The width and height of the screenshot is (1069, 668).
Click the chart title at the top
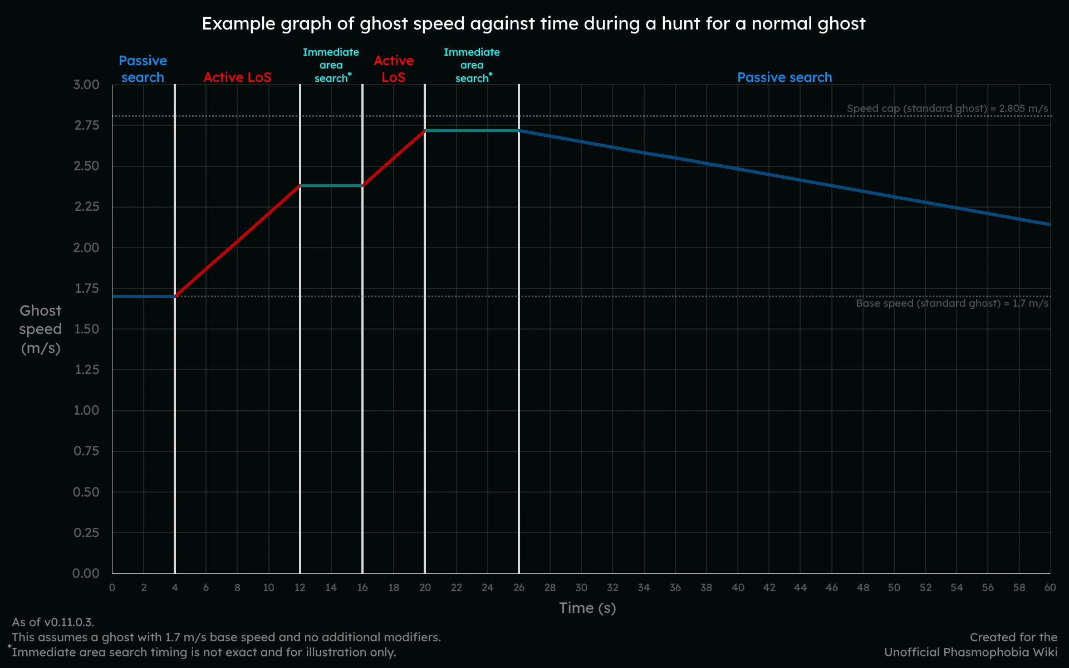pos(533,24)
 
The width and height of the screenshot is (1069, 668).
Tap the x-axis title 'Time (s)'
pos(587,608)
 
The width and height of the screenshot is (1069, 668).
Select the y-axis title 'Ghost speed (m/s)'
pos(40,329)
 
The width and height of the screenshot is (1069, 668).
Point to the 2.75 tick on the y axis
pos(87,125)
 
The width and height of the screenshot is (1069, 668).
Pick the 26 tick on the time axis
pos(519,588)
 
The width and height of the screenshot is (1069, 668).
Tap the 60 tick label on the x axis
pos(1050,588)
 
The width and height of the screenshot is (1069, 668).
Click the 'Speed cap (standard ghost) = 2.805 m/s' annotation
pos(947,109)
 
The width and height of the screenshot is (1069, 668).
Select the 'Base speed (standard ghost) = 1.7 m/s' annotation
pos(952,303)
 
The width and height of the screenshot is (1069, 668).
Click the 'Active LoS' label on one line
pos(237,77)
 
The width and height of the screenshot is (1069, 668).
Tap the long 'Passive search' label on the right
pos(784,77)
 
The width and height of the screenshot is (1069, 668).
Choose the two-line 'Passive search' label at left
pos(143,69)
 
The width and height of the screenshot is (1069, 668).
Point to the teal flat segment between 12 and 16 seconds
pos(331,185)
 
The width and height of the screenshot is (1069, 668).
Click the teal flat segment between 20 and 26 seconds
pos(472,131)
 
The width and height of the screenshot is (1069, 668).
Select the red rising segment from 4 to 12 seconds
pos(237,241)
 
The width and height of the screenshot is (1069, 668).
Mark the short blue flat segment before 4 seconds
pos(144,297)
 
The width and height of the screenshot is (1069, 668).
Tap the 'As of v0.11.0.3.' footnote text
pos(53,622)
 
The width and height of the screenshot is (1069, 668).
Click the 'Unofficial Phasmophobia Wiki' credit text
pos(970,652)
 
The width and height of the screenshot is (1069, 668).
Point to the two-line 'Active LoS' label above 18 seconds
pos(394,69)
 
